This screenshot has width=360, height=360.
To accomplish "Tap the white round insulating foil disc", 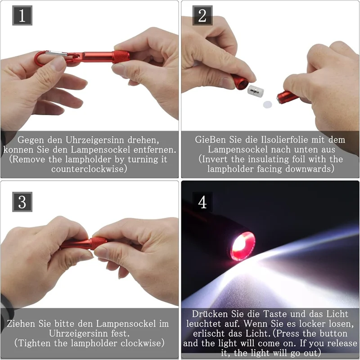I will coord(269,104).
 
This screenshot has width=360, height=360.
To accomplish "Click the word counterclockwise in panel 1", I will coord(89,169).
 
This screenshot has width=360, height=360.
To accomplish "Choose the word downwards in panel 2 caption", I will coord(311,169).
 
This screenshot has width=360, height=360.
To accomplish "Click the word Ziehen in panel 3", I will coord(22,324).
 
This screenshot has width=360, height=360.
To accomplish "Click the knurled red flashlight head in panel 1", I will coord(121,57).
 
